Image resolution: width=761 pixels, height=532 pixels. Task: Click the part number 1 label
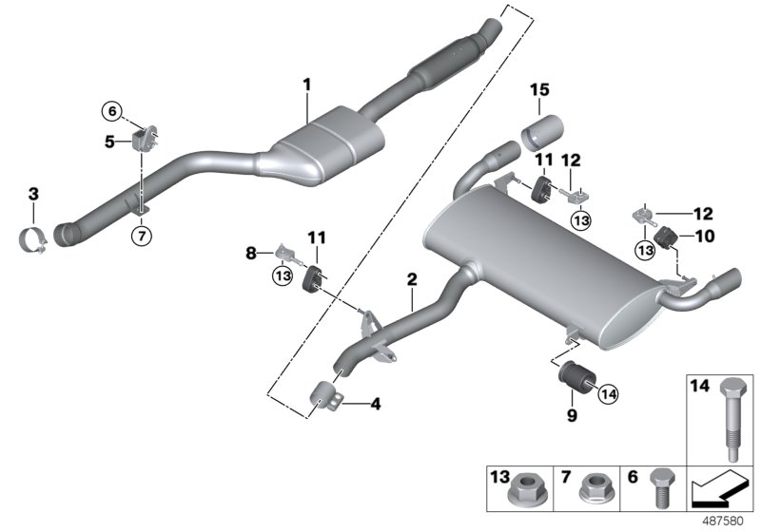click(307, 85)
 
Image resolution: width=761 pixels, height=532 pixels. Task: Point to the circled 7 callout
click(141, 235)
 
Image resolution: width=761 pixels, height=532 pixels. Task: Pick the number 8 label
click(251, 254)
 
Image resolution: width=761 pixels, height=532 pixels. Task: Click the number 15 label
click(539, 90)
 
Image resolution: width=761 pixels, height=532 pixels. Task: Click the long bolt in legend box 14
click(730, 414)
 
